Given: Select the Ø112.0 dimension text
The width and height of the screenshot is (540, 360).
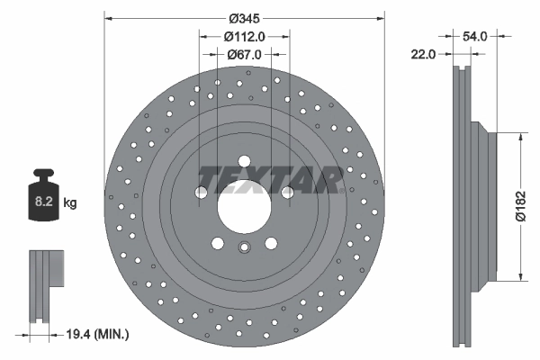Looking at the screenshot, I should pos(244,37).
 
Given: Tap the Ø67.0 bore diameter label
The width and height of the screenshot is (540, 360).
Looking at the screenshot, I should pos(244,55).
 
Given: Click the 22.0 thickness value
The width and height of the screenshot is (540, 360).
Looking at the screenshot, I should pos(423,55).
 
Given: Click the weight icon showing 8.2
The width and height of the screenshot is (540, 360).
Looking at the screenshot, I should pos(43,200).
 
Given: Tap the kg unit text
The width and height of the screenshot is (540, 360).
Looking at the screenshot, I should pos(69,203).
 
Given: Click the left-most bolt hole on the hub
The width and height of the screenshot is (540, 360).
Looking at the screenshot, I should pos(200,192).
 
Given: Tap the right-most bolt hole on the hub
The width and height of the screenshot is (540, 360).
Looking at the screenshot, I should pos(288,192).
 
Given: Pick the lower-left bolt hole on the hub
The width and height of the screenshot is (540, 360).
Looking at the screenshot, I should pos(217,243).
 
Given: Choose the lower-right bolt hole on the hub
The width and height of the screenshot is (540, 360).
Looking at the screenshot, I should pos(271,243).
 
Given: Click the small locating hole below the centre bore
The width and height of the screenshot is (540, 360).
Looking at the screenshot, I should pos(244,251).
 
